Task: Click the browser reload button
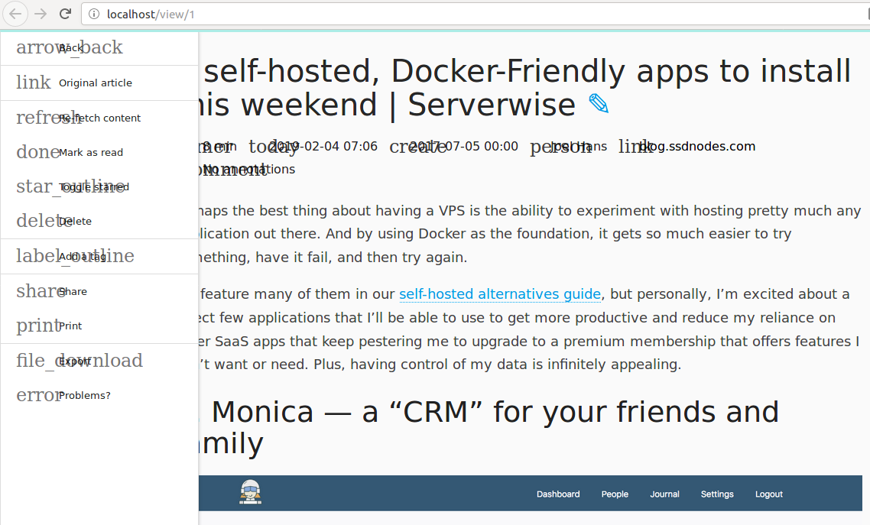click(66, 14)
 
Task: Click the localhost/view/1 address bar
click(459, 14)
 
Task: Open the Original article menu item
click(95, 83)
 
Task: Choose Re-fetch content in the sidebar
click(99, 118)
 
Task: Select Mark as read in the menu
click(90, 152)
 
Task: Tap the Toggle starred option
click(93, 186)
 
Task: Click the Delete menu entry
click(75, 221)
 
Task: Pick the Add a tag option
click(82, 257)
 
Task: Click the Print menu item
click(70, 326)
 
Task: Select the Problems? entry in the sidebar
click(84, 395)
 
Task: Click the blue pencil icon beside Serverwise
click(599, 104)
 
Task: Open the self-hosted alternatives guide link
click(500, 294)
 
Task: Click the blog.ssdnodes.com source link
click(697, 146)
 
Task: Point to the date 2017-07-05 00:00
click(463, 146)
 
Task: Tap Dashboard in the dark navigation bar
click(558, 494)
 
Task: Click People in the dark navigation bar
click(615, 494)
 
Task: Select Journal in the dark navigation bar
click(664, 494)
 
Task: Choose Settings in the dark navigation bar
click(717, 494)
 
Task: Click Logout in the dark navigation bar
click(769, 494)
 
